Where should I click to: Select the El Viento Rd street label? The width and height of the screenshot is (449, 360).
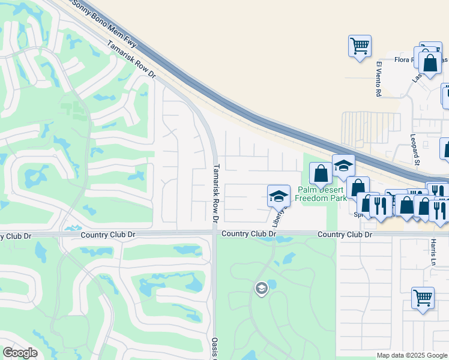pyautogui.click(x=379, y=79)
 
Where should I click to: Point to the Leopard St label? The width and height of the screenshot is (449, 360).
pyautogui.click(x=415, y=149)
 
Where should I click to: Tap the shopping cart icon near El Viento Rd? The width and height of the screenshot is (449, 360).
pyautogui.click(x=360, y=46)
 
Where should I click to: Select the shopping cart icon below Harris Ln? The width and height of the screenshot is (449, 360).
pyautogui.click(x=423, y=298)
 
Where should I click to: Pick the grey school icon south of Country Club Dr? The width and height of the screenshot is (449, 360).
pyautogui.click(x=261, y=289)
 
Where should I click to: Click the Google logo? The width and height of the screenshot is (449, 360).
pyautogui.click(x=20, y=353)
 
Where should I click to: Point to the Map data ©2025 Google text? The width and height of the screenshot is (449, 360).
pyautogui.click(x=412, y=355)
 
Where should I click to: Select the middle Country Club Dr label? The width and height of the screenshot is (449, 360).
pyautogui.click(x=249, y=233)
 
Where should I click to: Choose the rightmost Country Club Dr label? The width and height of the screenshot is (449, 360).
pyautogui.click(x=345, y=234)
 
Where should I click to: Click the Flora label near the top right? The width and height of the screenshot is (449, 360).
pyautogui.click(x=402, y=60)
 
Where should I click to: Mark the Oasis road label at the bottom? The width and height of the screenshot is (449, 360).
pyautogui.click(x=214, y=347)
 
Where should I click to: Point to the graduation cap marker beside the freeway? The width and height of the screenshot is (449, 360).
pyautogui.click(x=343, y=166)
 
